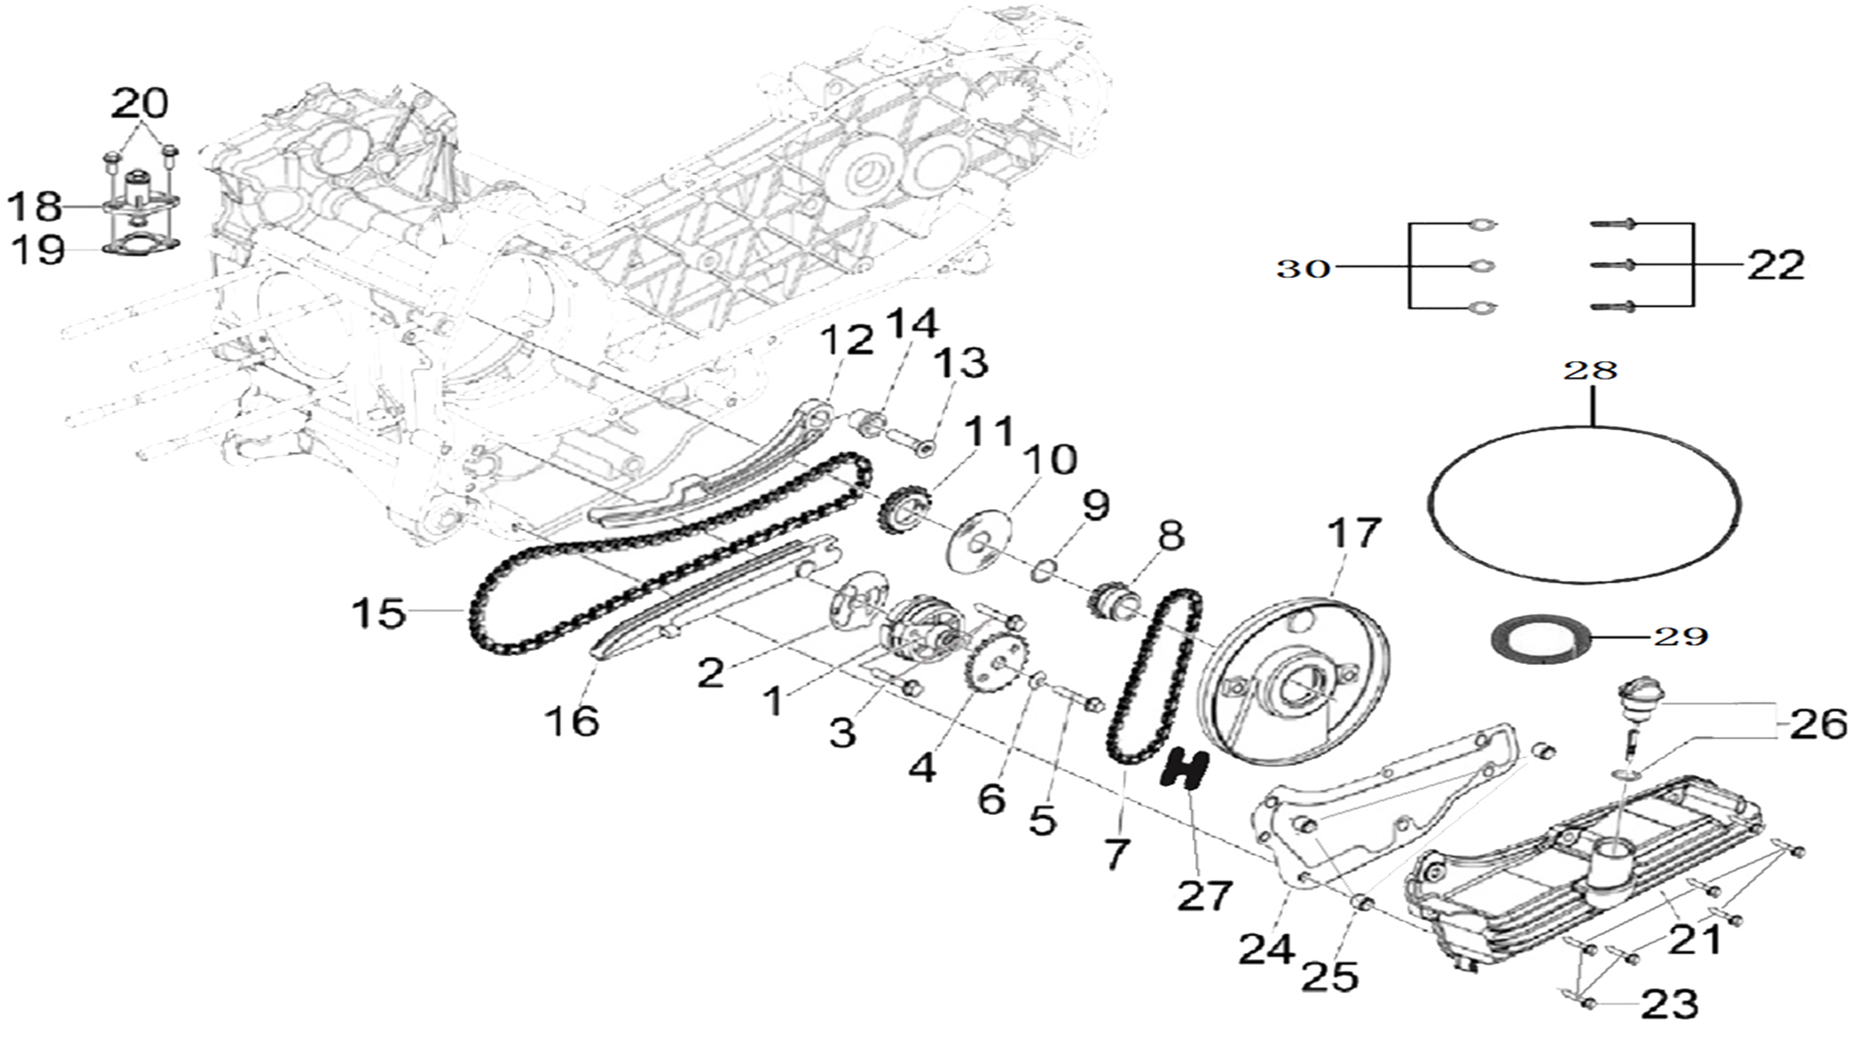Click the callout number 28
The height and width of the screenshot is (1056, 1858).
(1590, 370)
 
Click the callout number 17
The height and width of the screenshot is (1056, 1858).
(1354, 533)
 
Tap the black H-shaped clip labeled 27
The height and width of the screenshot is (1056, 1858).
(1185, 769)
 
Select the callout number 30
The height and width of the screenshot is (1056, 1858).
(1303, 269)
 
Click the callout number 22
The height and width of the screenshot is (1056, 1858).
(1775, 265)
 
